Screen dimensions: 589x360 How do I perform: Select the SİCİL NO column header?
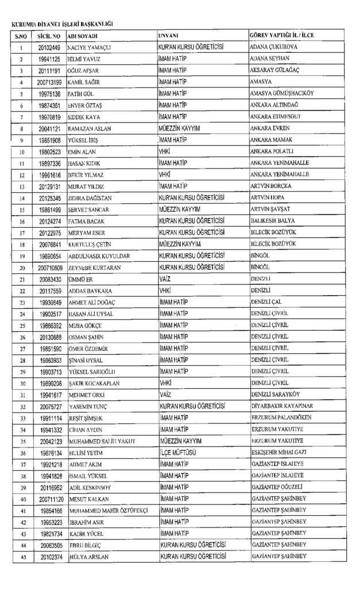[x=49, y=36]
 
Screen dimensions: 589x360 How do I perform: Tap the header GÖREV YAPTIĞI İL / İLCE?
[x=282, y=36]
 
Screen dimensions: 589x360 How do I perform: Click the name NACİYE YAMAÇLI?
[x=92, y=47]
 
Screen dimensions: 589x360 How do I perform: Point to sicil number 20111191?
[x=49, y=70]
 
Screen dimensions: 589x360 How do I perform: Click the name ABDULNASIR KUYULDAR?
[x=98, y=256]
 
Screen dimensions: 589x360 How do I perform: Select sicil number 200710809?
[x=49, y=267]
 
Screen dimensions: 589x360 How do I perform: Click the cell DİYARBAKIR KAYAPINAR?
[x=282, y=406]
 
